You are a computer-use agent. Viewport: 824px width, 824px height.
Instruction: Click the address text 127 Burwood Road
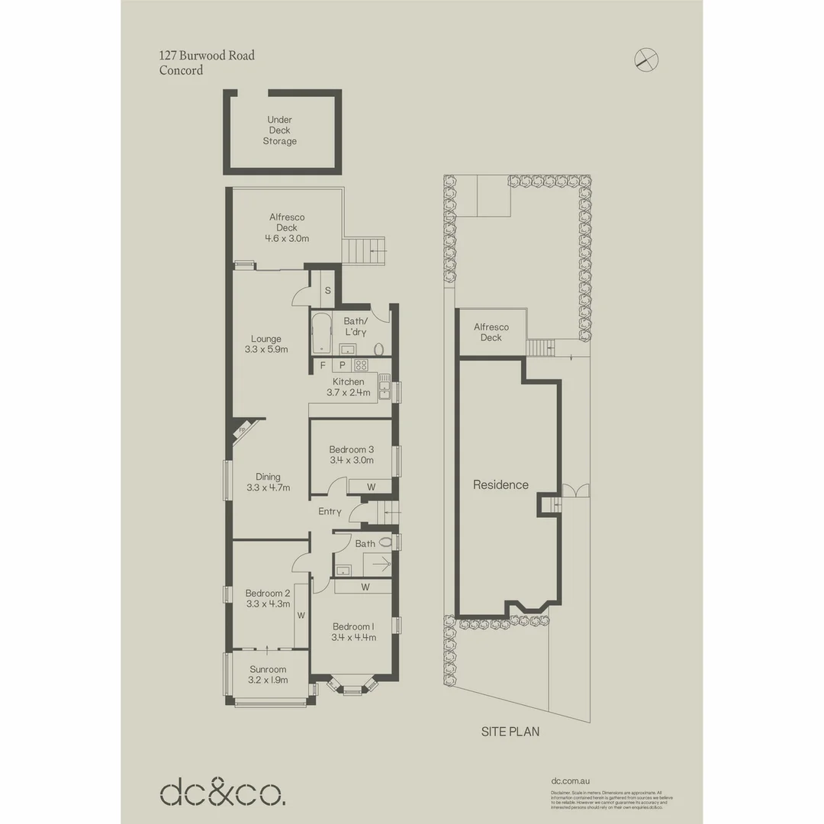pos(207,55)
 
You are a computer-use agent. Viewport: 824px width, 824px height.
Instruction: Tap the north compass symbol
pos(647,60)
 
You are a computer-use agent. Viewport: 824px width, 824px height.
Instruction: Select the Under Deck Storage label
pos(280,130)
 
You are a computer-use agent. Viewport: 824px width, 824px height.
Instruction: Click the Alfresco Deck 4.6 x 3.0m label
pos(287,227)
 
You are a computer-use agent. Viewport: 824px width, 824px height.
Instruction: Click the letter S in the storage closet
pos(327,291)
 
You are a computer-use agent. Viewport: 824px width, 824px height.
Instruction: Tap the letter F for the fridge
pos(323,365)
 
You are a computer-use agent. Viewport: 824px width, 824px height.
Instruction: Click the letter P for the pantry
pos(343,365)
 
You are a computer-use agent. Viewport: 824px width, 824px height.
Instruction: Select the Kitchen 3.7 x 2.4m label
pos(348,388)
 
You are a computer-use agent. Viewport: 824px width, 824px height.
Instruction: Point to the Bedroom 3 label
pos(352,455)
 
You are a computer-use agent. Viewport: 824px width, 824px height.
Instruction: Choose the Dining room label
pos(268,482)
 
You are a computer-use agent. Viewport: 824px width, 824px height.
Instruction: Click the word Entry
pos(330,511)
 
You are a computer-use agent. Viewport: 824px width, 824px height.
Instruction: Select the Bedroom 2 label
pos(268,598)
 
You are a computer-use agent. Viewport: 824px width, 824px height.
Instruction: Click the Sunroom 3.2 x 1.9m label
pos(268,674)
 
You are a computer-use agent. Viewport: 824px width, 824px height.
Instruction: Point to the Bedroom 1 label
pos(353,632)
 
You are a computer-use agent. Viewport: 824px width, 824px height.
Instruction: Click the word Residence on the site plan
pos(501,484)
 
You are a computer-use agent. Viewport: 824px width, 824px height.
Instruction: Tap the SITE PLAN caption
pos(510,731)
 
